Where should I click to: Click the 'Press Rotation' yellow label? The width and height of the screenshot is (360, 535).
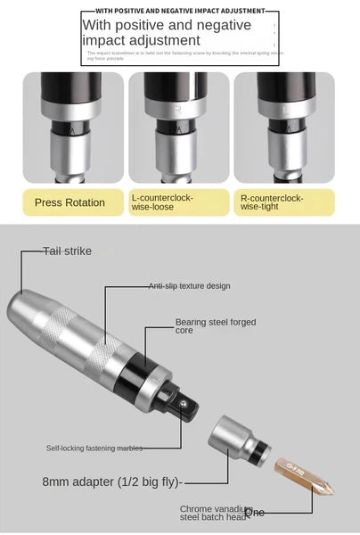click(x=70, y=202)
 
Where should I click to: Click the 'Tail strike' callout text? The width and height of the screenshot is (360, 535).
click(x=68, y=251)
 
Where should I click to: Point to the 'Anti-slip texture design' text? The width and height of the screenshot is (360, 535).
click(x=189, y=286)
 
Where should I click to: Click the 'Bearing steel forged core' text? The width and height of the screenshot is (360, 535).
click(x=215, y=325)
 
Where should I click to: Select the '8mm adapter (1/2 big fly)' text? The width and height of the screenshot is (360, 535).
click(x=112, y=481)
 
